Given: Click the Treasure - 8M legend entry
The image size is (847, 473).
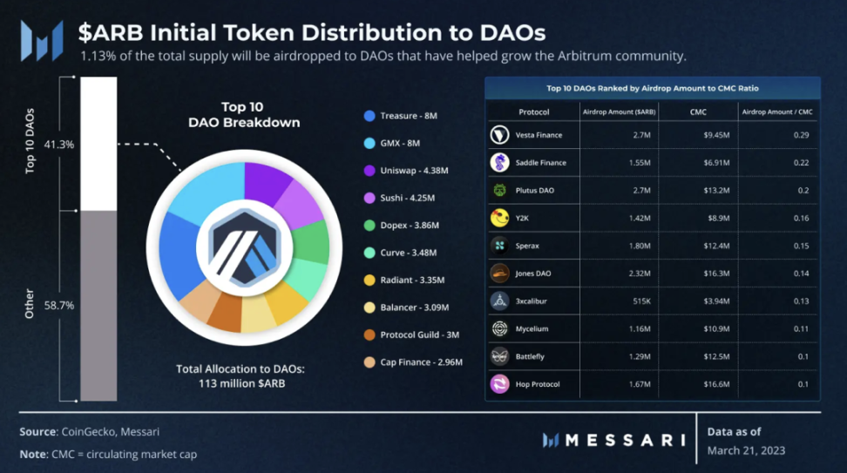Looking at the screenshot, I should [409, 116].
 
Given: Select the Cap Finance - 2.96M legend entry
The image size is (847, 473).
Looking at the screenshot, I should [421, 362].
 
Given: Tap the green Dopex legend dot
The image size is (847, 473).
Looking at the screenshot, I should [369, 226].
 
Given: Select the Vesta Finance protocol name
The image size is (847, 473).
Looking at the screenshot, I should [539, 135].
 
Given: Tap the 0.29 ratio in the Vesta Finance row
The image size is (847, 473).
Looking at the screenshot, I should [801, 135].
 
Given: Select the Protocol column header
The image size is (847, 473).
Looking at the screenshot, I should [533, 111].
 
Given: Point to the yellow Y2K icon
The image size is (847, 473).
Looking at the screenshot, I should [499, 218].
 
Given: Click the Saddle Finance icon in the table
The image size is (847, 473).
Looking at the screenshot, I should [499, 163].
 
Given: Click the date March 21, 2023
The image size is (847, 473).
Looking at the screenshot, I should [746, 450].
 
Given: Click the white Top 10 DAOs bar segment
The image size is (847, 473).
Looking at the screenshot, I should [98, 144].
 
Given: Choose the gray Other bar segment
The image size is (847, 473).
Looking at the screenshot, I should [98, 305].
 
